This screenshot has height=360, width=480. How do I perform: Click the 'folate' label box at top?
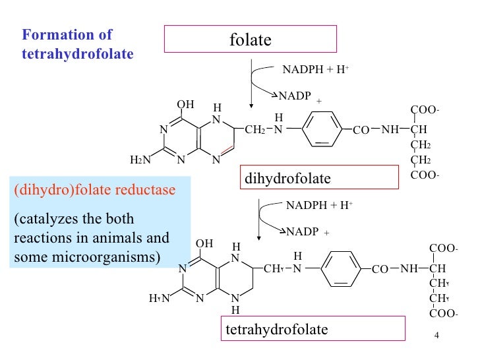(251, 40)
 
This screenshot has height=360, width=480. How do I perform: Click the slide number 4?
(436, 338)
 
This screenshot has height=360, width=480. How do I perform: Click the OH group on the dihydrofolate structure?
(186, 104)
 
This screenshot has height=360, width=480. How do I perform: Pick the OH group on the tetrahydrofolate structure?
(205, 243)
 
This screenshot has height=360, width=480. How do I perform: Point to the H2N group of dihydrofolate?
(140, 160)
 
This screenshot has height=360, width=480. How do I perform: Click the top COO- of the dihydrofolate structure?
(425, 109)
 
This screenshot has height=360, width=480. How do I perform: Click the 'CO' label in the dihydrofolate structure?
(361, 131)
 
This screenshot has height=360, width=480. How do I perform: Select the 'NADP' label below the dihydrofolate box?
(303, 232)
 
